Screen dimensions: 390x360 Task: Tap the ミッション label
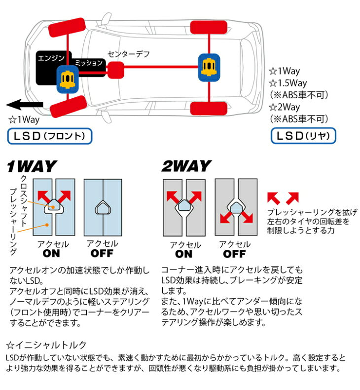point(89,63)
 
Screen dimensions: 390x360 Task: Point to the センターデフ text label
point(128,54)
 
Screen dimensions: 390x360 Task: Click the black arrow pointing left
point(25,105)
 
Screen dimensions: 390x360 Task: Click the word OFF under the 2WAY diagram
point(234,254)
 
